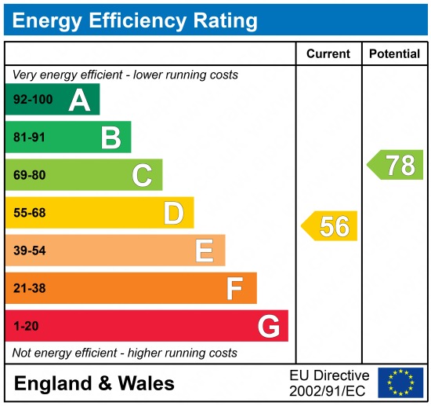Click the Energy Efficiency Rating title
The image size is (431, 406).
[x=135, y=20]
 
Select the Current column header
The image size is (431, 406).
[x=328, y=54]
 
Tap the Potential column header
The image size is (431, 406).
[x=394, y=54]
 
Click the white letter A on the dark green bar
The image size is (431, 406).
[x=79, y=100]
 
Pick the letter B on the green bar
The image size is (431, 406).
[x=110, y=137]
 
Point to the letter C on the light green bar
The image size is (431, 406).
[x=142, y=175]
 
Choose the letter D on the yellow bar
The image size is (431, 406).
[x=173, y=213]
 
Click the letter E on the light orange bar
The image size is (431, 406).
[x=204, y=251]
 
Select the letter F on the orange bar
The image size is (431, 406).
[x=234, y=288]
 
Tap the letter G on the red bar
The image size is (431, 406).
[x=269, y=326]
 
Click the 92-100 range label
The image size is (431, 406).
[x=31, y=100]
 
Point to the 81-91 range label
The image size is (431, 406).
[x=28, y=137]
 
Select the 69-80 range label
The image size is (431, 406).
[x=28, y=175]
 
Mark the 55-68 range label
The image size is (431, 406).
[x=28, y=213]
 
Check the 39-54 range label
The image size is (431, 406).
[x=28, y=251]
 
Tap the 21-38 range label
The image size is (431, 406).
[x=28, y=288]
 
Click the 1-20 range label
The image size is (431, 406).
[x=25, y=326]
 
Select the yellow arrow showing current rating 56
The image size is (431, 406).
[x=330, y=226]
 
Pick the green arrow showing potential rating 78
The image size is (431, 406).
[x=396, y=165]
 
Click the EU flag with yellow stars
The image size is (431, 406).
[x=400, y=382]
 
